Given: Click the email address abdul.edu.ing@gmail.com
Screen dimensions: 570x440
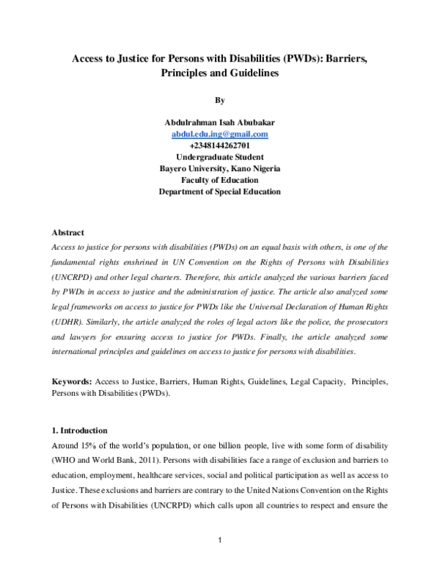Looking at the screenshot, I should pos(219,134).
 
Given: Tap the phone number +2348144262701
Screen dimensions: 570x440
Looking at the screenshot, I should pos(219,145).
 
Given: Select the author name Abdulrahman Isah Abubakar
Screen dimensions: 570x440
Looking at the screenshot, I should pos(219,123).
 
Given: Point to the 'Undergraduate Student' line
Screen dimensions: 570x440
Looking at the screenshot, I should pos(219,157).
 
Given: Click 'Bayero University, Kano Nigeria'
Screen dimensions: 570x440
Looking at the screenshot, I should pos(219,168).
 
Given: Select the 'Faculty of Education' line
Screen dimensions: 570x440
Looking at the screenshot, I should pos(219,180).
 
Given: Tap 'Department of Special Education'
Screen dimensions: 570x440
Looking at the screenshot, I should pos(219,192).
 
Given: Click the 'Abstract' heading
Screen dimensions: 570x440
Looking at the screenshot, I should pos(67,233).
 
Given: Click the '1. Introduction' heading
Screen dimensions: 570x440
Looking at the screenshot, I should pos(80,430).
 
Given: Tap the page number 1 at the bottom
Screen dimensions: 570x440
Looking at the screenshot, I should pos(219,541).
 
